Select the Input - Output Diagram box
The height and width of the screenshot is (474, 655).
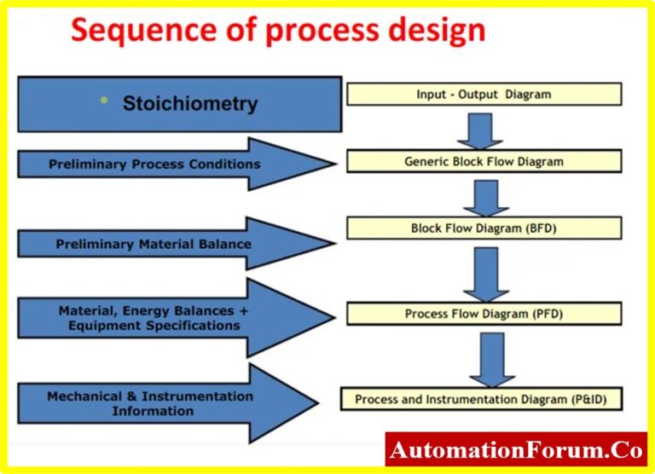(484, 95)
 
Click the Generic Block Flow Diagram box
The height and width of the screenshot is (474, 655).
(484, 161)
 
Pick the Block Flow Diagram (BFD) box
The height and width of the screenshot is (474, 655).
(484, 228)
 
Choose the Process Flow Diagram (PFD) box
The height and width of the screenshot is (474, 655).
(484, 314)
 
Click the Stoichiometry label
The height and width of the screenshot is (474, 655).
(189, 104)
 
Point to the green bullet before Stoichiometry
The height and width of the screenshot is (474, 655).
(104, 101)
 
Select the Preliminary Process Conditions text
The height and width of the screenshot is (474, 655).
(154, 164)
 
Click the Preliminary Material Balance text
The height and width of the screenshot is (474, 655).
(154, 244)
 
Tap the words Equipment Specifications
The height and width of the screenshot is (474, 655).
(149, 325)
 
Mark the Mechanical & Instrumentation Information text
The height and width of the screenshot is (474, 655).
(151, 403)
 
